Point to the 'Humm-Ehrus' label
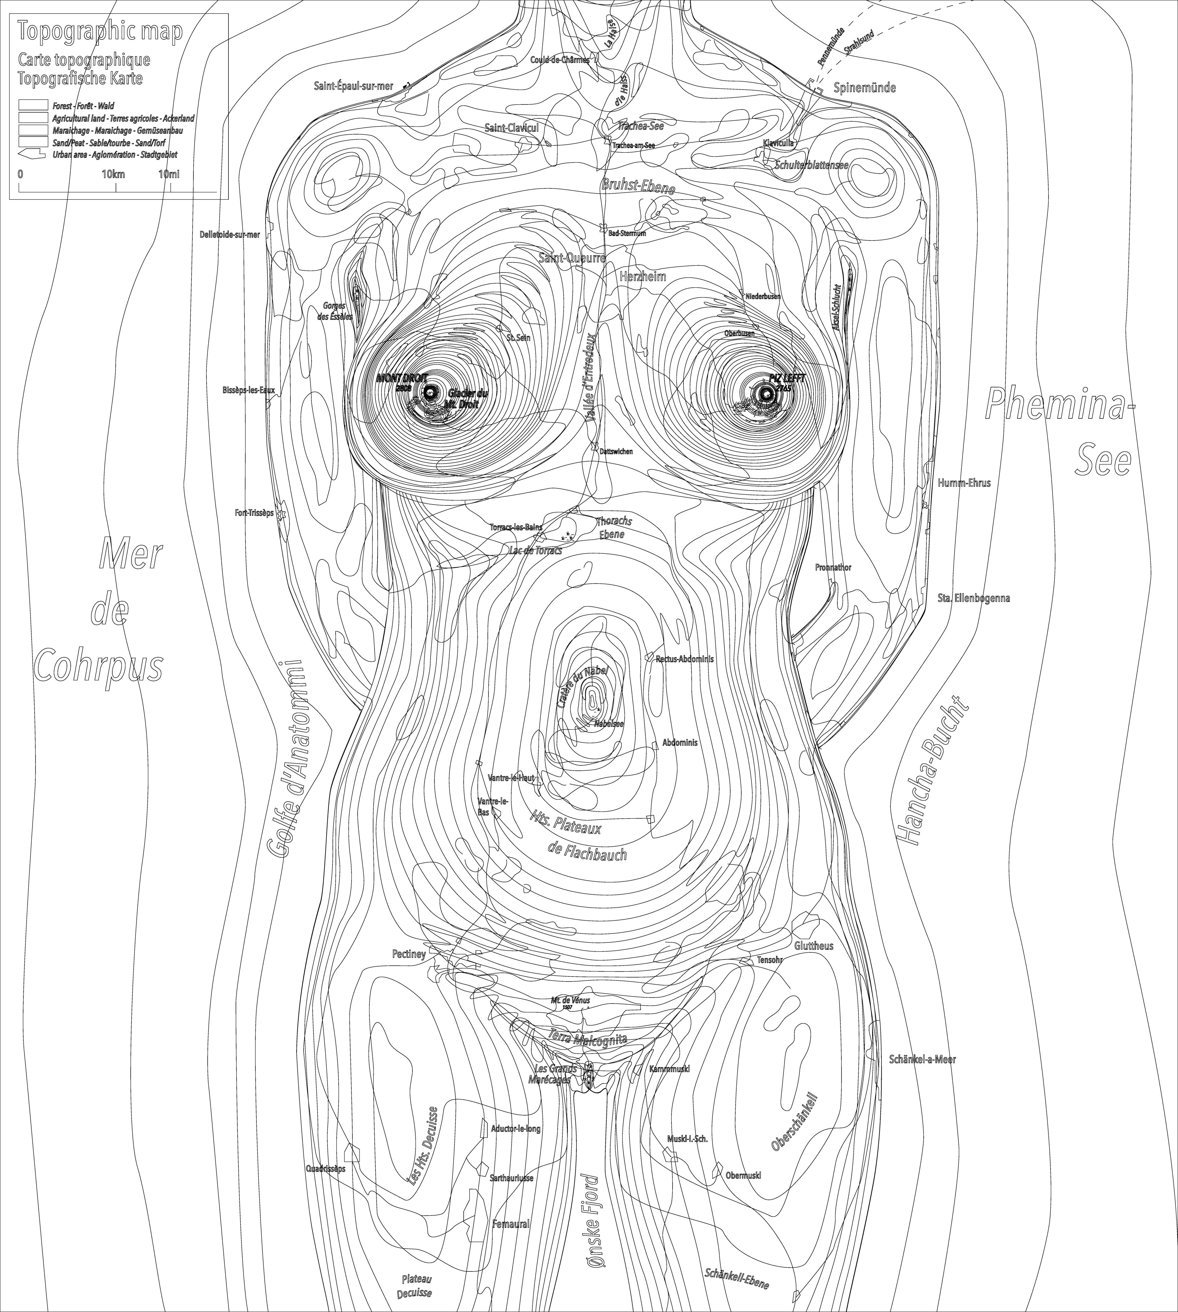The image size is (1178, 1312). point(964,482)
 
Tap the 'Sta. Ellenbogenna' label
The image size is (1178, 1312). point(973,598)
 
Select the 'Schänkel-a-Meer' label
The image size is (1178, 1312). point(922,1059)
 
